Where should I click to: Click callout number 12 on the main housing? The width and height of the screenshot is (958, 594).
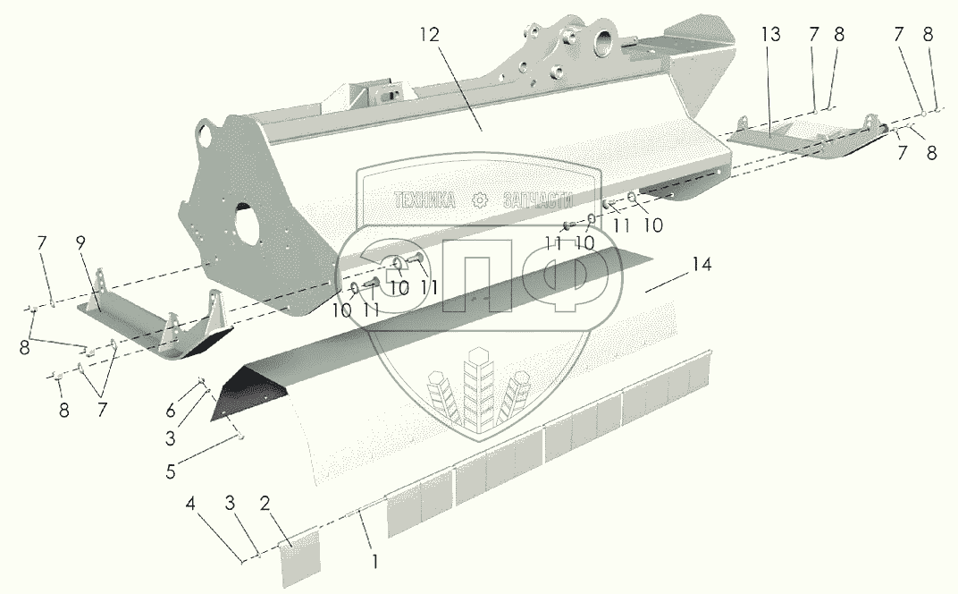pos(430,36)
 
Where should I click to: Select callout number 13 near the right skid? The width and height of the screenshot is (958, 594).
pos(770,36)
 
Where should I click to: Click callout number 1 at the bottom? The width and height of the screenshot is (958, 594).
pos(375,562)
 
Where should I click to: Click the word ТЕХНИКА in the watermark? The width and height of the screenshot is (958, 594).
pos(432,200)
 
